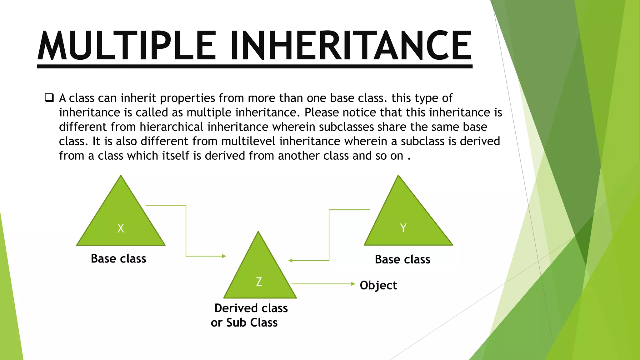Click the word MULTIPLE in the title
(127, 46)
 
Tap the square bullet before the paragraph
(49, 98)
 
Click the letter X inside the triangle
(121, 228)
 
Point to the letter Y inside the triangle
(403, 228)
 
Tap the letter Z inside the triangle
(259, 282)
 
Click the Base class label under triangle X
(118, 259)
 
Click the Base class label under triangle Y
(402, 259)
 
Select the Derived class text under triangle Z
(251, 308)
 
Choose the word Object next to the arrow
(378, 285)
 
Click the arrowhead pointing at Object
(353, 284)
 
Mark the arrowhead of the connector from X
(224, 256)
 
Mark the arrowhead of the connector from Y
(290, 261)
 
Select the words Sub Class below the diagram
(252, 322)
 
